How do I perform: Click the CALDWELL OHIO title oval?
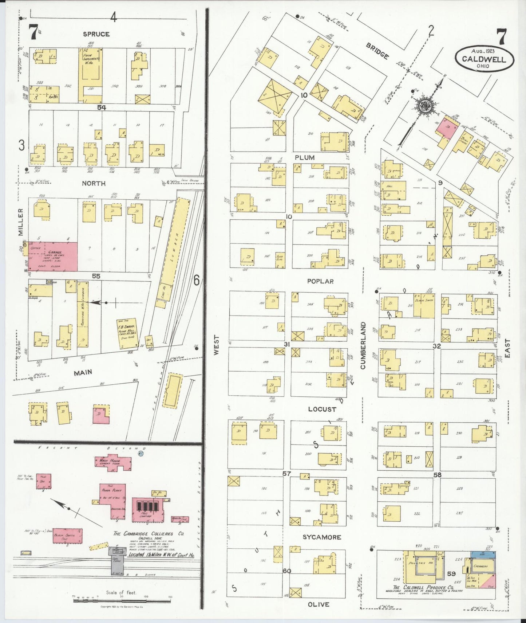[x=484, y=59]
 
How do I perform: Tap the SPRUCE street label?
[x=96, y=34]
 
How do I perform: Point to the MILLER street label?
[x=20, y=222]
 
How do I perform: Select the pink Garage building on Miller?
[x=53, y=256]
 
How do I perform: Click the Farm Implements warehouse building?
[x=90, y=75]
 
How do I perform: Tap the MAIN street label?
[x=83, y=373]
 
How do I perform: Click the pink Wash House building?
[x=113, y=462]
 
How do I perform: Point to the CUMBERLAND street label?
[x=363, y=345]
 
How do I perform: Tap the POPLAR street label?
[x=320, y=281]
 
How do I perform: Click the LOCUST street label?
[x=322, y=409]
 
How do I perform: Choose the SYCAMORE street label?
[x=322, y=537]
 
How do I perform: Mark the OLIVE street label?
[x=319, y=604]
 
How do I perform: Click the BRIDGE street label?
[x=377, y=51]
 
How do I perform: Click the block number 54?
[x=102, y=107]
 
